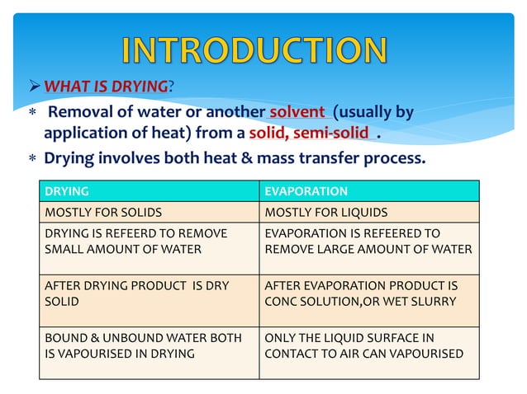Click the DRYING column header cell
tap(149, 191)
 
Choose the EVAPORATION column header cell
tap(368, 191)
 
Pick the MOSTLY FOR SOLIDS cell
tap(149, 213)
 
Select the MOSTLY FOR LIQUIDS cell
tap(368, 213)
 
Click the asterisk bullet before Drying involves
tap(31, 157)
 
